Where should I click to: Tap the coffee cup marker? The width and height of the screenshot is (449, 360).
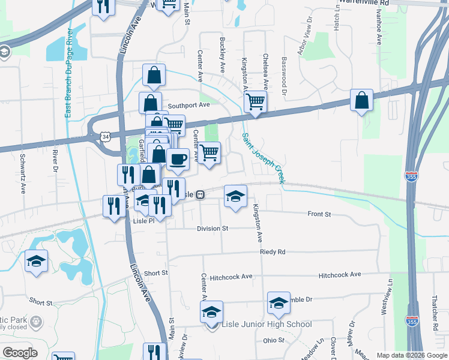click(x=178, y=160)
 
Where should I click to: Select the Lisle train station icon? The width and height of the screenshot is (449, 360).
click(x=200, y=194)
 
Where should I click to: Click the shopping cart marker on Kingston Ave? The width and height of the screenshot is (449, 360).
click(x=256, y=101)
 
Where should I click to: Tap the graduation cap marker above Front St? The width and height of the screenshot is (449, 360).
click(x=235, y=196)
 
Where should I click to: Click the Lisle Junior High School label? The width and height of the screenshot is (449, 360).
click(x=267, y=325)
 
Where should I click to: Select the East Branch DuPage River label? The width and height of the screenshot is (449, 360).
click(x=68, y=72)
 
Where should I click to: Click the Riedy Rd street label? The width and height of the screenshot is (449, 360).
click(x=273, y=252)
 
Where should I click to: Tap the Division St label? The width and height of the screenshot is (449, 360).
click(x=212, y=229)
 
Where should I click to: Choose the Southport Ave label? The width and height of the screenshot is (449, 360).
click(x=188, y=104)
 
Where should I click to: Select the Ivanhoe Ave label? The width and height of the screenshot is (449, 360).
click(x=379, y=28)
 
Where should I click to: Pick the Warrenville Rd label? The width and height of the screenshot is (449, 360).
click(x=364, y=2)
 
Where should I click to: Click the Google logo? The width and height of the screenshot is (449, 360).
click(x=20, y=353)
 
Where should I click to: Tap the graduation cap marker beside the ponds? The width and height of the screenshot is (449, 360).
click(x=37, y=262)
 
